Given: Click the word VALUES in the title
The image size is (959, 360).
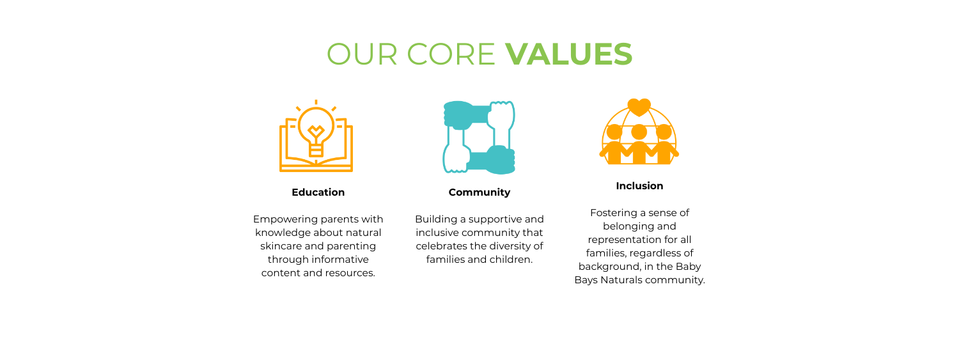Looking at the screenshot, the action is click(x=568, y=54).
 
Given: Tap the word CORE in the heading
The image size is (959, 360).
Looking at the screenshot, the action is click(x=451, y=54).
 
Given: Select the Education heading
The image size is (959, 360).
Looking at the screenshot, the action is click(x=318, y=192).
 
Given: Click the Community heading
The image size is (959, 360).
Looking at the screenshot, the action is click(x=479, y=192).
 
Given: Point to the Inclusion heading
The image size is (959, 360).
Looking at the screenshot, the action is click(x=639, y=186).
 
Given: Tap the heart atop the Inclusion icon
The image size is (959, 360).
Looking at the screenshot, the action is click(x=639, y=107).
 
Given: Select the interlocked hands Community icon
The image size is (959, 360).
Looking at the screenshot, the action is click(x=479, y=137).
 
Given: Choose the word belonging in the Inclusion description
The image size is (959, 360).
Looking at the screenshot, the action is click(x=625, y=226).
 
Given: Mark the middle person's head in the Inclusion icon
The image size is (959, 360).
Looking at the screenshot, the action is click(x=639, y=132).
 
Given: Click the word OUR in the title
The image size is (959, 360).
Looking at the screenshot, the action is click(x=362, y=54).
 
